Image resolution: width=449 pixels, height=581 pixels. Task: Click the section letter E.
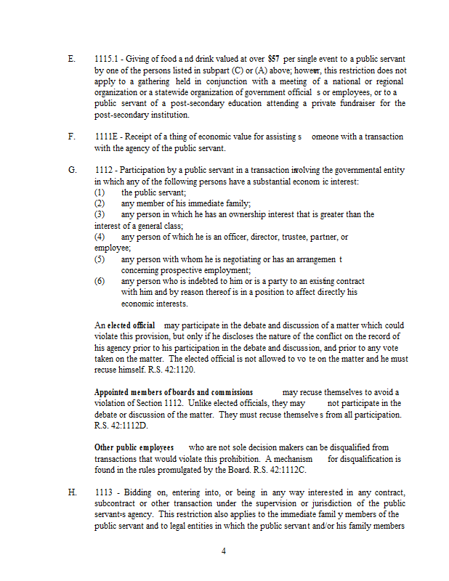tap(71, 58)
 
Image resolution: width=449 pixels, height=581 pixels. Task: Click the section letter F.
tap(71, 137)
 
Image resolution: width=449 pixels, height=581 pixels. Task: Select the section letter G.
tap(72, 169)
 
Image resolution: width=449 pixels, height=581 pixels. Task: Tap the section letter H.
tap(72, 492)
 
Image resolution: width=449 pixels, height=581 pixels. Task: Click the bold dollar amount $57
tap(273, 58)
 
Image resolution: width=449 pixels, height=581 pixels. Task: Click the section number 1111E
tap(106, 137)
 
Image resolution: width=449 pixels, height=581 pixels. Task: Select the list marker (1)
tap(100, 192)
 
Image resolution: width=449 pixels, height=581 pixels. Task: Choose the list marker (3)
tap(100, 214)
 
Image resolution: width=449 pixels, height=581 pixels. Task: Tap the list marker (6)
tap(100, 281)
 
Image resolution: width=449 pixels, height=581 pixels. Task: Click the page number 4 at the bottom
tap(224, 551)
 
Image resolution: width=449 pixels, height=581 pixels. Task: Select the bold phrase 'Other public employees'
tap(134, 448)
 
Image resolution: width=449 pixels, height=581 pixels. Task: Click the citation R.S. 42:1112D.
tap(121, 426)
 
